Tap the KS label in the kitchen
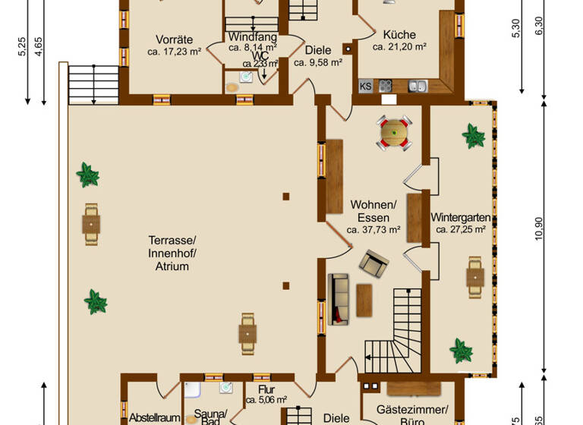coord(365,86)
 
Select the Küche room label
coord(399,34)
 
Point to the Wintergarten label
coord(461,218)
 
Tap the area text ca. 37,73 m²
coord(373,230)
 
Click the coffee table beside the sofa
coord(364,298)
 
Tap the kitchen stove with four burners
coord(385,86)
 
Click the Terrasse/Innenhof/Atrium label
coord(169,253)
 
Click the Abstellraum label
coord(154,417)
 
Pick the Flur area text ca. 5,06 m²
coord(266,400)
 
